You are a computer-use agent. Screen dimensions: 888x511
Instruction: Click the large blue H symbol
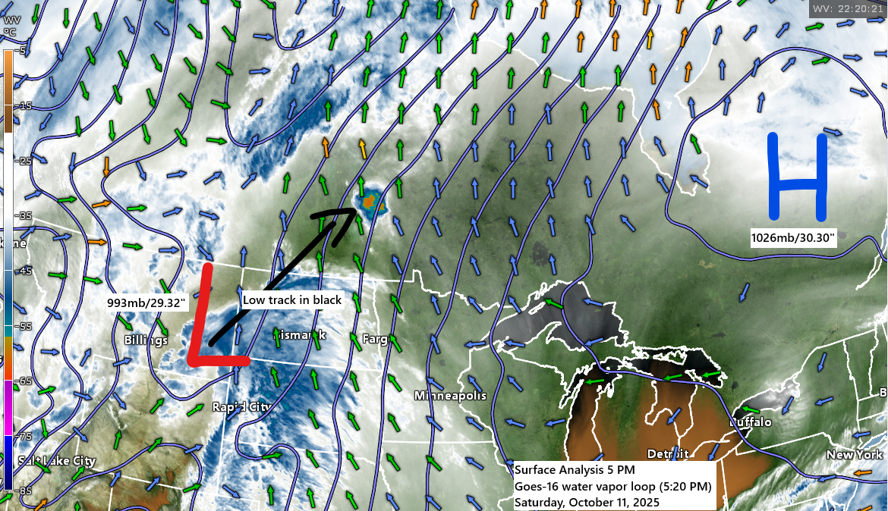point(797,177)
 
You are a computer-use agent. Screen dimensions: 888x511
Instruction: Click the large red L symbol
point(216,318)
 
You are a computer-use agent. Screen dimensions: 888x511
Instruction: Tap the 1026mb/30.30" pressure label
point(793,238)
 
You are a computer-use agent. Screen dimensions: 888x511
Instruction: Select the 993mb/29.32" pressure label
point(147,303)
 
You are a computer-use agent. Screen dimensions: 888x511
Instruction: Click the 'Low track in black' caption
point(292,299)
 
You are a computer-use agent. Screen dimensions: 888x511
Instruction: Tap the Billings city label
point(146,340)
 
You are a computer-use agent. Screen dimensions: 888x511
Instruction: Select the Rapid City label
point(241,407)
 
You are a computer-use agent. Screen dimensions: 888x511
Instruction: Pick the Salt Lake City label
point(57,461)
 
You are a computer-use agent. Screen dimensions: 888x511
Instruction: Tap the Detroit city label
point(668,453)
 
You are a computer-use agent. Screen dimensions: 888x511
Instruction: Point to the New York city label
point(855,454)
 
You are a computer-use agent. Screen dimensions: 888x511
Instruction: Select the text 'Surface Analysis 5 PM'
point(568,470)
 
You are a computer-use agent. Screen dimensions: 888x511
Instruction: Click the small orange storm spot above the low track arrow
point(370,202)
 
